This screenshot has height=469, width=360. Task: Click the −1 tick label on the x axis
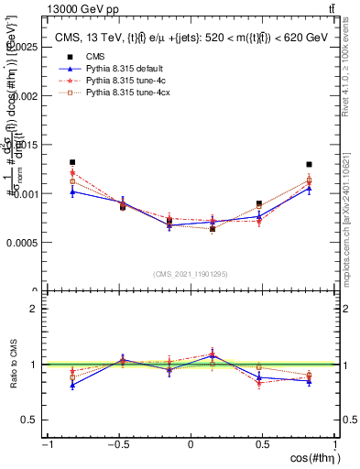tap(46, 444)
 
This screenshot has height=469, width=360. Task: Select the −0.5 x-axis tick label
tap(118, 444)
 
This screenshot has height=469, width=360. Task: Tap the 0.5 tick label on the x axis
tap(263, 444)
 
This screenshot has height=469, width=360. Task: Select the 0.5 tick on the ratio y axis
tap(33, 420)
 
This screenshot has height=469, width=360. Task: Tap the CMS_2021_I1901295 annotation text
tap(190, 274)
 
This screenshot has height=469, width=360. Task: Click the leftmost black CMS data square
tap(72, 162)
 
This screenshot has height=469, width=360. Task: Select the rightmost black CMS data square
tap(310, 165)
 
